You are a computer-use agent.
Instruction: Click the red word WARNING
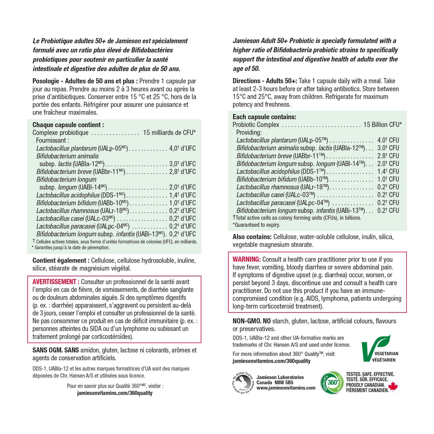click(x=247, y=259)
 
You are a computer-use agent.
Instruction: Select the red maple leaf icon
click(x=393, y=387)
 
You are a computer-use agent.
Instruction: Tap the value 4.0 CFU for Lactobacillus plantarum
click(x=388, y=140)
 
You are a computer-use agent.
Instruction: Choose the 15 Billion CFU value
click(x=382, y=125)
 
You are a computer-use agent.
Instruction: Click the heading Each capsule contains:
click(x=264, y=117)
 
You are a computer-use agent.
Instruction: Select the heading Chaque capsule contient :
click(x=68, y=125)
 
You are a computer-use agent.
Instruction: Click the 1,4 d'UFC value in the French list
click(x=182, y=195)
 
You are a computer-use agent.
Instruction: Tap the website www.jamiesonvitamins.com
click(x=286, y=388)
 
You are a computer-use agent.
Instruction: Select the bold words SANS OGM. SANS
click(x=56, y=350)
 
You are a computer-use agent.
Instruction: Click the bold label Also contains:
click(x=252, y=237)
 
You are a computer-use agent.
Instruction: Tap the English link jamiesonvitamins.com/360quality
click(x=271, y=361)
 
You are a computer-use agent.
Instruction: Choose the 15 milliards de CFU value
click(x=169, y=133)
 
